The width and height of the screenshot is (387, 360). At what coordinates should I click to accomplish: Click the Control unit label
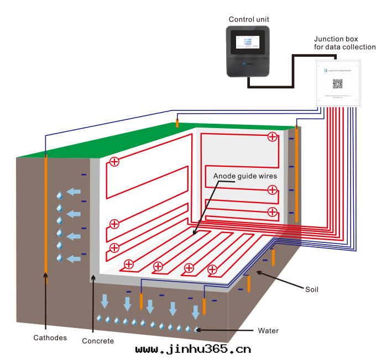tap(249, 19)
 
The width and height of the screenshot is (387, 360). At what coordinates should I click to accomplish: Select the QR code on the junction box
tap(337, 84)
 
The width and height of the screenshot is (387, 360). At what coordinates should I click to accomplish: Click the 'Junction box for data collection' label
tap(344, 43)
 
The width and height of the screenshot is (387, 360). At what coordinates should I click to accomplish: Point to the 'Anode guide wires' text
tap(245, 176)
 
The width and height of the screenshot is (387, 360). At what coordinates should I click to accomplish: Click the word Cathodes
tap(50, 337)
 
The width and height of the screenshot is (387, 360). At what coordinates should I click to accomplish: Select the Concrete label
tap(98, 341)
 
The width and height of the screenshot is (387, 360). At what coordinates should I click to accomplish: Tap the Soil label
tap(312, 289)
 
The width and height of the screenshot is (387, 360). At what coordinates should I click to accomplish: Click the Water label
tap(268, 331)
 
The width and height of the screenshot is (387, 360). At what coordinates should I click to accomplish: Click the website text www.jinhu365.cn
tap(193, 349)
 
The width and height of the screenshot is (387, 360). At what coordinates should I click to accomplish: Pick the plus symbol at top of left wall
tap(114, 162)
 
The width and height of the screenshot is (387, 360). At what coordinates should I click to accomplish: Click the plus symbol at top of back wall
tap(272, 137)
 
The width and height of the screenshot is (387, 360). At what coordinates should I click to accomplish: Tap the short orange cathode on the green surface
tap(177, 123)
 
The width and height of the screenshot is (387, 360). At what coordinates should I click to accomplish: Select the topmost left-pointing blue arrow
tap(72, 192)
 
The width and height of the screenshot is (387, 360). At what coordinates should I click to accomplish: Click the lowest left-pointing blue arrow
tap(72, 258)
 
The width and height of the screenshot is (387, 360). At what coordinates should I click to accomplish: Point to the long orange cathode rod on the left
tap(46, 221)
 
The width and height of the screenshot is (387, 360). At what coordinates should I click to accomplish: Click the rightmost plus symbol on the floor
tap(212, 269)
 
